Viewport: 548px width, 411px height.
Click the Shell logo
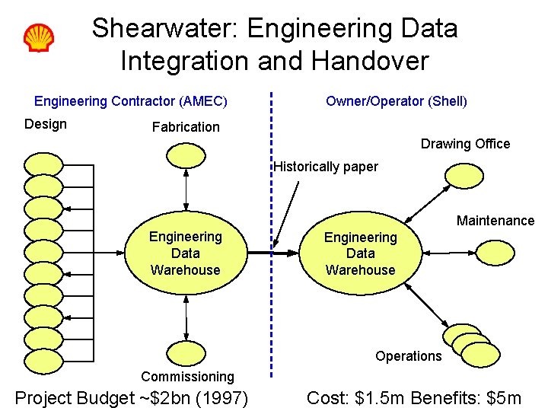click(38, 37)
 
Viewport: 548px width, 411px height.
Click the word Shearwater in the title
click(164, 29)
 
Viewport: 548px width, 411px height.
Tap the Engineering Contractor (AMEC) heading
click(131, 101)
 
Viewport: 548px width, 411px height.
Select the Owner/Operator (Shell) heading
click(397, 101)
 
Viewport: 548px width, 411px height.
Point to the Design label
click(46, 124)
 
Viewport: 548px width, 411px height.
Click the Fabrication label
click(186, 127)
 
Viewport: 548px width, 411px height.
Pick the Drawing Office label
click(465, 144)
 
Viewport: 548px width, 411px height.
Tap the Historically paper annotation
click(326, 167)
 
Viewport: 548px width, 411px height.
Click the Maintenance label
click(495, 221)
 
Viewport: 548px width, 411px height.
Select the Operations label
click(408, 356)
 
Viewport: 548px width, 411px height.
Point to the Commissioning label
click(187, 377)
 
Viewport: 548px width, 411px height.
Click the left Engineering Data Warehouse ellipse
click(186, 253)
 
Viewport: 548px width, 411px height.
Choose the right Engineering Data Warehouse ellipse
click(360, 253)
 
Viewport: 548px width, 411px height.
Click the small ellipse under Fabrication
click(186, 155)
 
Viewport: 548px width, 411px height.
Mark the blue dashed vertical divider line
click(271, 228)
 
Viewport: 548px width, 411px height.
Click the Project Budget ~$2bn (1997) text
click(132, 397)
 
